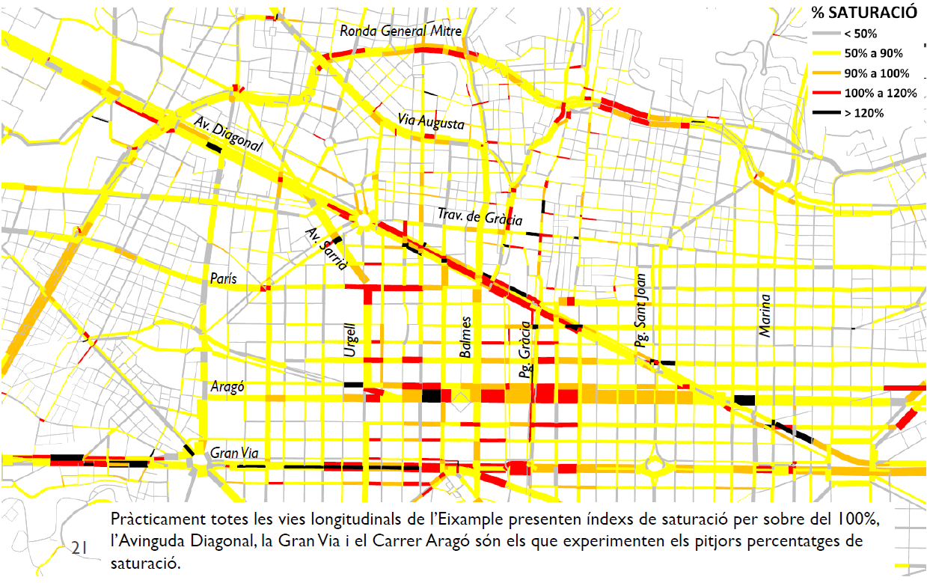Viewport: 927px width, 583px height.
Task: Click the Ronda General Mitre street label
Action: tap(400, 31)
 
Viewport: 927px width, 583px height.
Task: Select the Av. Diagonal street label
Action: tap(227, 135)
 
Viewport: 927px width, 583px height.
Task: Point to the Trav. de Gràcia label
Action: tap(480, 217)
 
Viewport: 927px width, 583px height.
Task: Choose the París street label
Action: tap(223, 278)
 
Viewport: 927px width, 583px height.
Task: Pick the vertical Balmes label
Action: tap(465, 341)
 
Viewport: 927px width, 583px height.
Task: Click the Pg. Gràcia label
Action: tap(525, 349)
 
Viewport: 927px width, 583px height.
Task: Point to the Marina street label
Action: tap(765, 315)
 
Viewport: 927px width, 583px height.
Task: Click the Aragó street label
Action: tap(227, 387)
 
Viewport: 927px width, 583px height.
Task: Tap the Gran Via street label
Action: tap(235, 453)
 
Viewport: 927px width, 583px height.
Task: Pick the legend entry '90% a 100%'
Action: tap(875, 73)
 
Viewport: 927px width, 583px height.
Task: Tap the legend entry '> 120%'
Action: tap(863, 113)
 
